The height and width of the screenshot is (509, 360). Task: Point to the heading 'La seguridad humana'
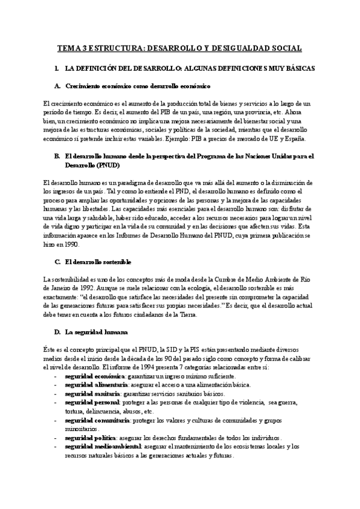92,331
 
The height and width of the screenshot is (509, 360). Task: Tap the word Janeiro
59,288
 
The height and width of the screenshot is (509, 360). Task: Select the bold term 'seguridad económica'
91,375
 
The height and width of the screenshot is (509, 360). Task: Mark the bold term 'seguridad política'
87,438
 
